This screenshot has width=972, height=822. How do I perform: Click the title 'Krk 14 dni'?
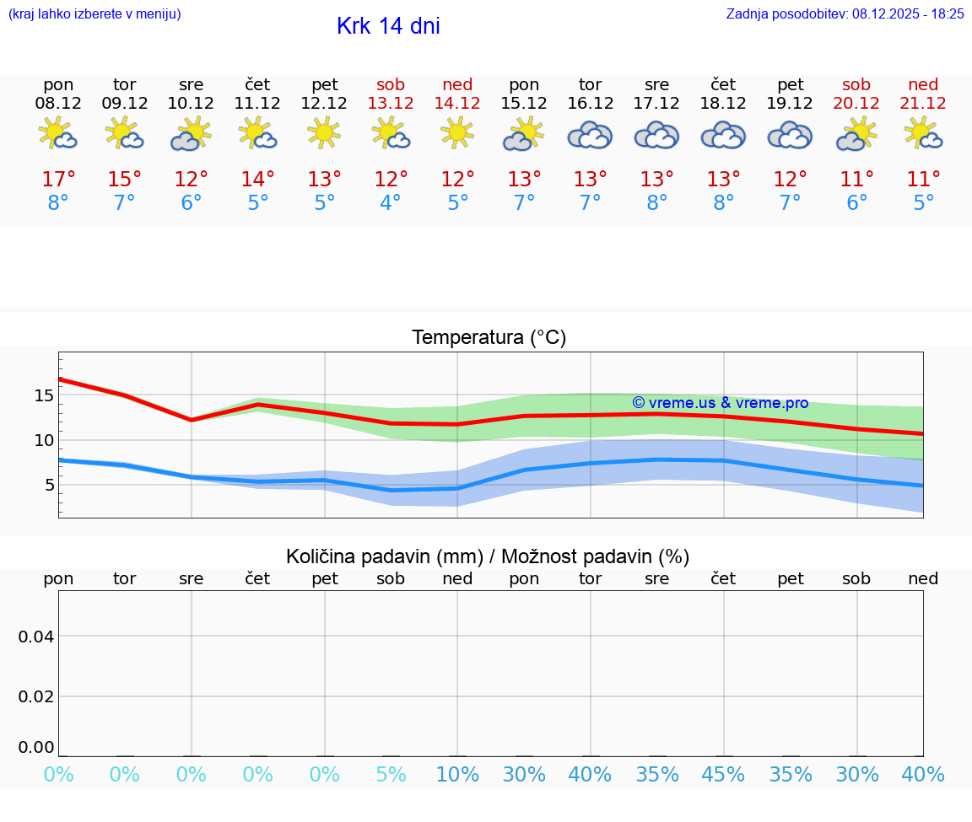pyautogui.click(x=388, y=26)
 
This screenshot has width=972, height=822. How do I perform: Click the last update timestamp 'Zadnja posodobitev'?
pyautogui.click(x=845, y=14)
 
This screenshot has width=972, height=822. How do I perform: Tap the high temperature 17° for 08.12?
pyautogui.click(x=58, y=180)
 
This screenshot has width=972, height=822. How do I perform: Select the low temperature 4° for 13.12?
pyautogui.click(x=391, y=203)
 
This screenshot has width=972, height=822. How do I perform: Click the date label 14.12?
pyautogui.click(x=457, y=104)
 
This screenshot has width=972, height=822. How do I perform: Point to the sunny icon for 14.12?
pyautogui.click(x=457, y=133)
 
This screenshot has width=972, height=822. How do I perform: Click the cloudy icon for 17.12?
pyautogui.click(x=656, y=135)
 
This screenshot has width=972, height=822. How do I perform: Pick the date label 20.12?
pyautogui.click(x=856, y=104)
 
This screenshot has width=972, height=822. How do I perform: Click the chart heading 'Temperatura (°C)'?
pyautogui.click(x=489, y=338)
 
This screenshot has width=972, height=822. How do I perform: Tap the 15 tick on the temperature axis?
pyautogui.click(x=44, y=395)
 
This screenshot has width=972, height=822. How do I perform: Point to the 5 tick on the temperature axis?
pyautogui.click(x=49, y=485)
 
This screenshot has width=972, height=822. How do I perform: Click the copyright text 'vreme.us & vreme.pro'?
pyautogui.click(x=721, y=403)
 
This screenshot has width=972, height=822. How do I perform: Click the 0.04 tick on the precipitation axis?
pyautogui.click(x=36, y=637)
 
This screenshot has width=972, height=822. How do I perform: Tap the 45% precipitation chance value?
pyautogui.click(x=723, y=775)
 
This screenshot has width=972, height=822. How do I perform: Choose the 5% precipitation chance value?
pyautogui.click(x=391, y=775)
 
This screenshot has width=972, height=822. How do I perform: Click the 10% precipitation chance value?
pyautogui.click(x=457, y=775)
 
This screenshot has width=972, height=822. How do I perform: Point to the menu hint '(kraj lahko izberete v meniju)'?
pyautogui.click(x=94, y=14)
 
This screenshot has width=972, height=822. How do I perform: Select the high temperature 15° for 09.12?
pyautogui.click(x=124, y=180)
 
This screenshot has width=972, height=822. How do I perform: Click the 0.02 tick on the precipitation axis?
pyautogui.click(x=36, y=696)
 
